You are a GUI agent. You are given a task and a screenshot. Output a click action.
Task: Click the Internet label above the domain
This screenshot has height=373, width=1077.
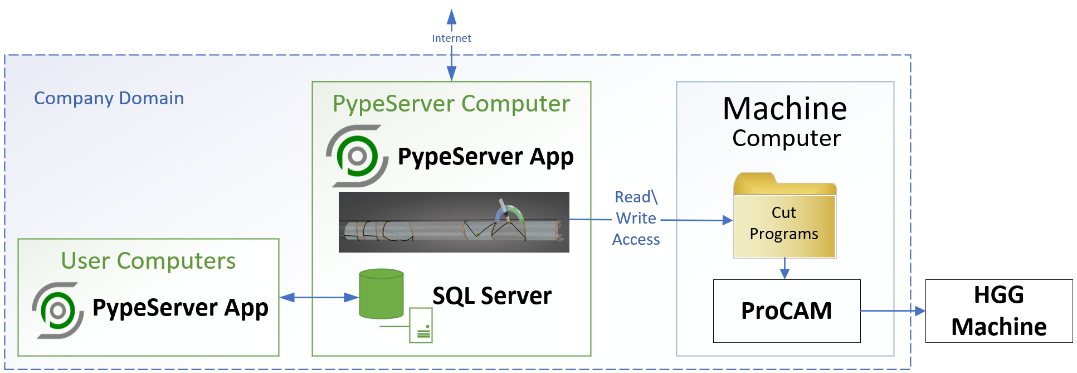[x=451, y=38]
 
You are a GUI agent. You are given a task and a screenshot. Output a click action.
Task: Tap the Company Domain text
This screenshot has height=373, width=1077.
[x=109, y=98]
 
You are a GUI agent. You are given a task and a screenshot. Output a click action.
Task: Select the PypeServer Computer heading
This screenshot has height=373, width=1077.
[x=451, y=104]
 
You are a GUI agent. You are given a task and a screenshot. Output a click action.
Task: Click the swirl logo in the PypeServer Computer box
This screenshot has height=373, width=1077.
[x=357, y=156]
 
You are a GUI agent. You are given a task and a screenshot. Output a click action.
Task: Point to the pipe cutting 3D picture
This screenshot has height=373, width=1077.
[x=454, y=222]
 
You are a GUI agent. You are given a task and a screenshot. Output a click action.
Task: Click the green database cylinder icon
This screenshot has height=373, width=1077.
[x=381, y=294]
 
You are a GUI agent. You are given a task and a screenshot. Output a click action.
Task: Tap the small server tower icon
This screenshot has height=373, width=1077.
[x=421, y=325]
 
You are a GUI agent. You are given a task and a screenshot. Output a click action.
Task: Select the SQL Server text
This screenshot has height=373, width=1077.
[x=492, y=296]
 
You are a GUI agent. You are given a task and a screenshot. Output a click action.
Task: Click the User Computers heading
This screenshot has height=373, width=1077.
[x=148, y=261]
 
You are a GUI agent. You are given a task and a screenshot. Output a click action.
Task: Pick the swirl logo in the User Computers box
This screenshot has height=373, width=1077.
[x=58, y=310]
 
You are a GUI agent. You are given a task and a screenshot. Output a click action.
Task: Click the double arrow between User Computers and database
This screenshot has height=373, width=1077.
[x=319, y=297]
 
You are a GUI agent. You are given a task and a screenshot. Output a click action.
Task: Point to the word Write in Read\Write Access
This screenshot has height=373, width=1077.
[x=636, y=218]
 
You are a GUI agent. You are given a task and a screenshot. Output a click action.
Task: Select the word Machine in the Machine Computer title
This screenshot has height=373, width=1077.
[x=784, y=109]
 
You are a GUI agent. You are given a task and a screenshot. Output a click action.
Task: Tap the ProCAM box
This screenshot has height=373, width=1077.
[x=786, y=311]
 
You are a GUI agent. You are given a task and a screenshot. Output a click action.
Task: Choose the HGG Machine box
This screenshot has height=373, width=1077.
[x=998, y=311]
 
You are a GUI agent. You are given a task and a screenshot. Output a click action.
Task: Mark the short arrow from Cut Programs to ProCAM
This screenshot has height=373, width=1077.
[x=784, y=268]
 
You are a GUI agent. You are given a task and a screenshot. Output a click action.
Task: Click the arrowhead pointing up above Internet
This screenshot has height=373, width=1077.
[x=451, y=17]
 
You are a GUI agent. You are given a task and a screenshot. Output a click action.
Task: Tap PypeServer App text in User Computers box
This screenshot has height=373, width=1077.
[x=180, y=308]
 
